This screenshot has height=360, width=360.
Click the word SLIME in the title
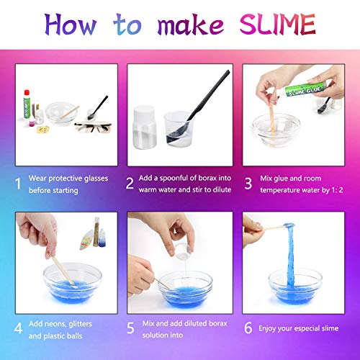pos(278,24)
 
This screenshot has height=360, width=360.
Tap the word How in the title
pos(71,24)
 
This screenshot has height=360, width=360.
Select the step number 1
pos(18,184)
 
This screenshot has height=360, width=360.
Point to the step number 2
pos(130,184)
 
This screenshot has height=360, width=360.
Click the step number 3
pos(248,184)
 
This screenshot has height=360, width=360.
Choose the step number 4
pos(18,328)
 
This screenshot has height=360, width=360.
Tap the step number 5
pos(130,328)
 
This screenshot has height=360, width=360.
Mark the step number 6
pos(248,328)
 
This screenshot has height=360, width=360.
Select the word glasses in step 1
pos(96,179)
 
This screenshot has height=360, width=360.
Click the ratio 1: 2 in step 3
pos(337,190)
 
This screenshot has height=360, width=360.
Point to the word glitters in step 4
pos(80,324)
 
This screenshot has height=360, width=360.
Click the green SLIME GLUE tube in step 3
pos(304,89)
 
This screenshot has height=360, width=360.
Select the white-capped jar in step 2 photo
pos(145,127)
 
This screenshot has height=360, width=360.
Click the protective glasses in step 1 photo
pos(93,127)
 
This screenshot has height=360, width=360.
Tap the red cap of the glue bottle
pos(27,94)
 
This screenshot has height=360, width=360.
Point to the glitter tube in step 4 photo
pos(96,232)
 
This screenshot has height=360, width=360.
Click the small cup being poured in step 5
pos(183,251)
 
